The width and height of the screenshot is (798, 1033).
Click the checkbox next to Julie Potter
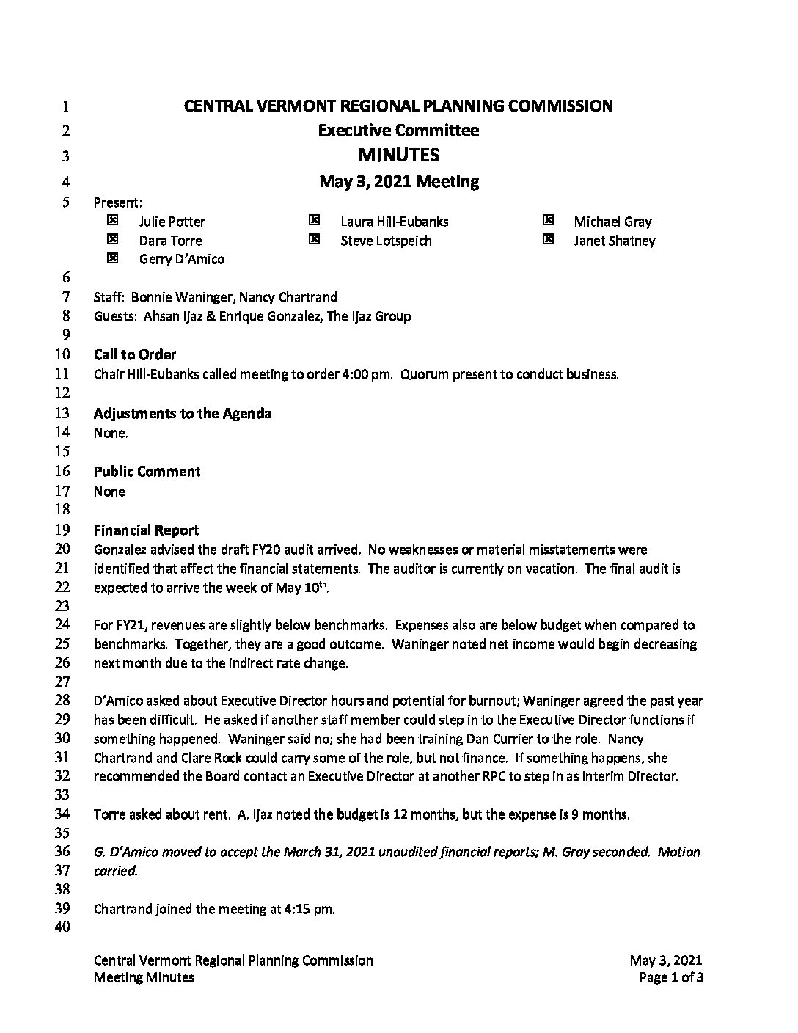click(x=112, y=220)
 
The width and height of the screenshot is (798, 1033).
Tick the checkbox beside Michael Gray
click(x=548, y=220)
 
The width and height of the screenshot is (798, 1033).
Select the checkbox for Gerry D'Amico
click(x=112, y=258)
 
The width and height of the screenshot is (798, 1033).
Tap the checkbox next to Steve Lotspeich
click(x=314, y=239)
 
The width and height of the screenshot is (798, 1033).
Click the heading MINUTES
click(x=398, y=155)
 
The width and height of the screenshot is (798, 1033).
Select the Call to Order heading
click(x=135, y=355)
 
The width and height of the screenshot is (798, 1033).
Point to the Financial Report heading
click(x=146, y=530)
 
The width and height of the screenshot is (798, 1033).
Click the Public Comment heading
click(x=147, y=472)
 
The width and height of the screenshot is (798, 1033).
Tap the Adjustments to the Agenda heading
click(x=183, y=414)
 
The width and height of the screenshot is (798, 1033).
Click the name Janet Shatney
click(x=615, y=241)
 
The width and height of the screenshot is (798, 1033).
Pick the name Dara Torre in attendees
click(x=170, y=241)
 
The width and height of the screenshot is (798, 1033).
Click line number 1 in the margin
click(x=66, y=106)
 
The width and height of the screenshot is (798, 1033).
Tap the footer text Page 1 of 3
click(x=671, y=977)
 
